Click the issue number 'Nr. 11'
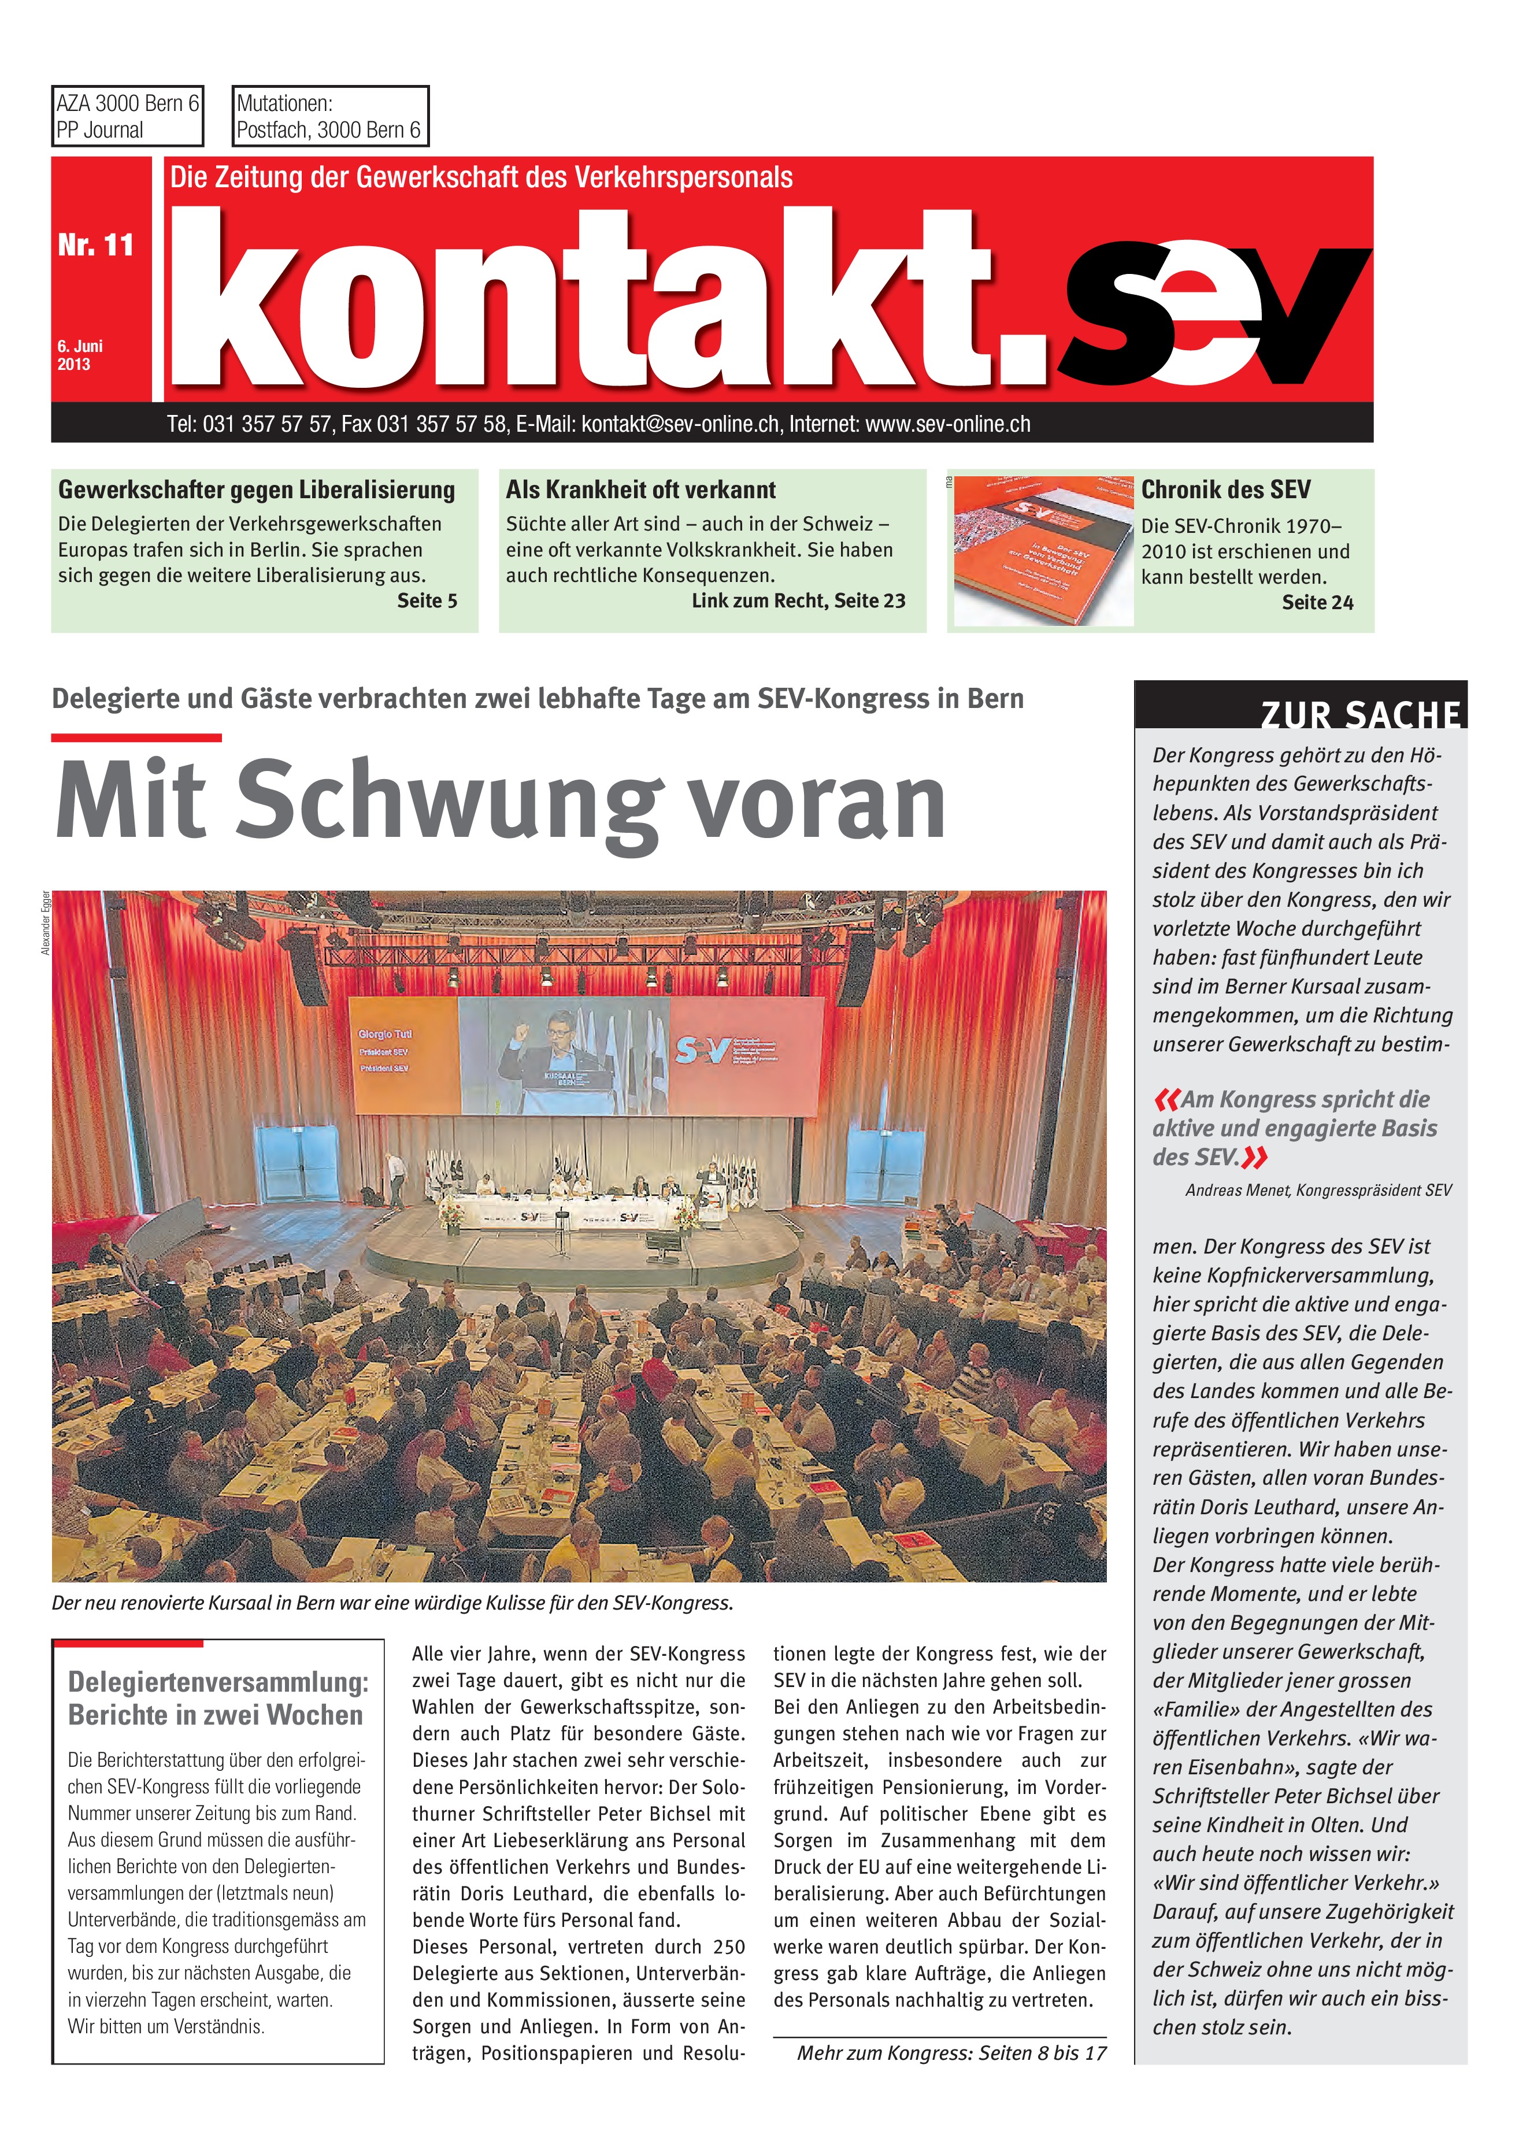coord(95,245)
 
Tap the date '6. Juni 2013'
coord(80,355)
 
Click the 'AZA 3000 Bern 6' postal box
coord(127,116)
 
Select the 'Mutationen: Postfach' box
coord(329,116)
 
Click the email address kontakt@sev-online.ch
coord(680,424)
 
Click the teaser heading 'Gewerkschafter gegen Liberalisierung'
coord(257,490)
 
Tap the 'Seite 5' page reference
coord(427,601)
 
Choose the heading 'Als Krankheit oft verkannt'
coord(640,490)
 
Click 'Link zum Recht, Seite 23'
coord(798,601)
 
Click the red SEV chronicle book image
coord(1042,551)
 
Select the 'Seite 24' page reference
coord(1317,603)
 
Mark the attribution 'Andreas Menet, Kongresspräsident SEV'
coord(1318,1190)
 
